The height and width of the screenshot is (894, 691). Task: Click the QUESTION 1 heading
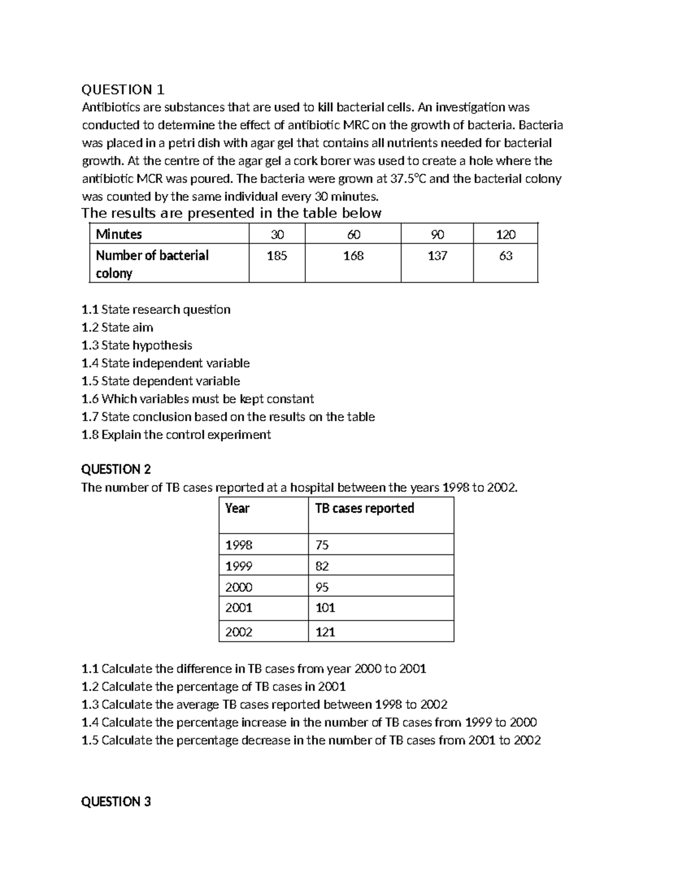point(123,90)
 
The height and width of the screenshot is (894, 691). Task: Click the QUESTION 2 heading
point(116,469)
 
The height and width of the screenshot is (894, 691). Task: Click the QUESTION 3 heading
point(116,801)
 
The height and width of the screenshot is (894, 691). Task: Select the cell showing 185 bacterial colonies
point(277,256)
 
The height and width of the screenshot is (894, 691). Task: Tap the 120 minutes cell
point(506,234)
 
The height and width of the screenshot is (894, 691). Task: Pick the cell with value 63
point(506,256)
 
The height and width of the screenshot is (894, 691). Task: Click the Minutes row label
point(119,234)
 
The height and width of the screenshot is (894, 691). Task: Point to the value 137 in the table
point(437,256)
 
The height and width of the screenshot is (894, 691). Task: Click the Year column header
point(237,508)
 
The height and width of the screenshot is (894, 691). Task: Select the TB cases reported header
point(365,508)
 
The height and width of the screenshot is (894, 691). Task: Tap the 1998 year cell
point(239,545)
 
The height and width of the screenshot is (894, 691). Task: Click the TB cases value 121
point(325,632)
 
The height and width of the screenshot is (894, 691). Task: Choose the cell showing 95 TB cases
point(322,587)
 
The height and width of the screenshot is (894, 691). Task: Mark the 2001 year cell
point(239,608)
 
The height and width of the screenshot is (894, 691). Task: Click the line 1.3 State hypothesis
point(137,345)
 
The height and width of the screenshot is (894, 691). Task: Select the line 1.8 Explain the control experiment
point(176,435)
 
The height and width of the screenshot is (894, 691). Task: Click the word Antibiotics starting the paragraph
point(110,108)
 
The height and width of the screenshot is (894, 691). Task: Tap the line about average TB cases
point(264,705)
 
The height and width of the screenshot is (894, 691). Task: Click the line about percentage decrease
point(311,740)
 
